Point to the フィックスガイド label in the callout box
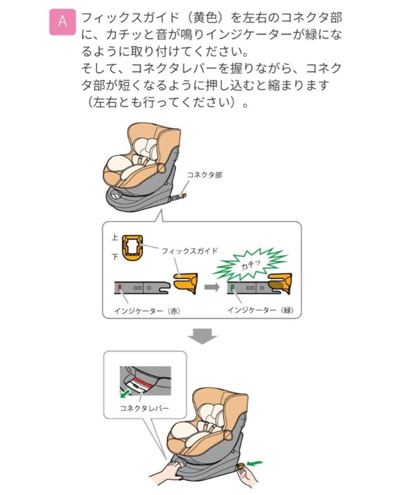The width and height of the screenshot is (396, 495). click(x=189, y=251)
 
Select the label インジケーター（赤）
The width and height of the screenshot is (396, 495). click(x=147, y=310)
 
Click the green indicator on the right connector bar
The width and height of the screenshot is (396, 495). click(x=232, y=288)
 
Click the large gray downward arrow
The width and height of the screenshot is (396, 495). click(x=202, y=337)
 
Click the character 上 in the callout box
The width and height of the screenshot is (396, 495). click(x=115, y=238)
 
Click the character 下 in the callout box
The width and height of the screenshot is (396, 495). click(x=115, y=257)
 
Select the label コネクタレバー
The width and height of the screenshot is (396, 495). click(x=143, y=407)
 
